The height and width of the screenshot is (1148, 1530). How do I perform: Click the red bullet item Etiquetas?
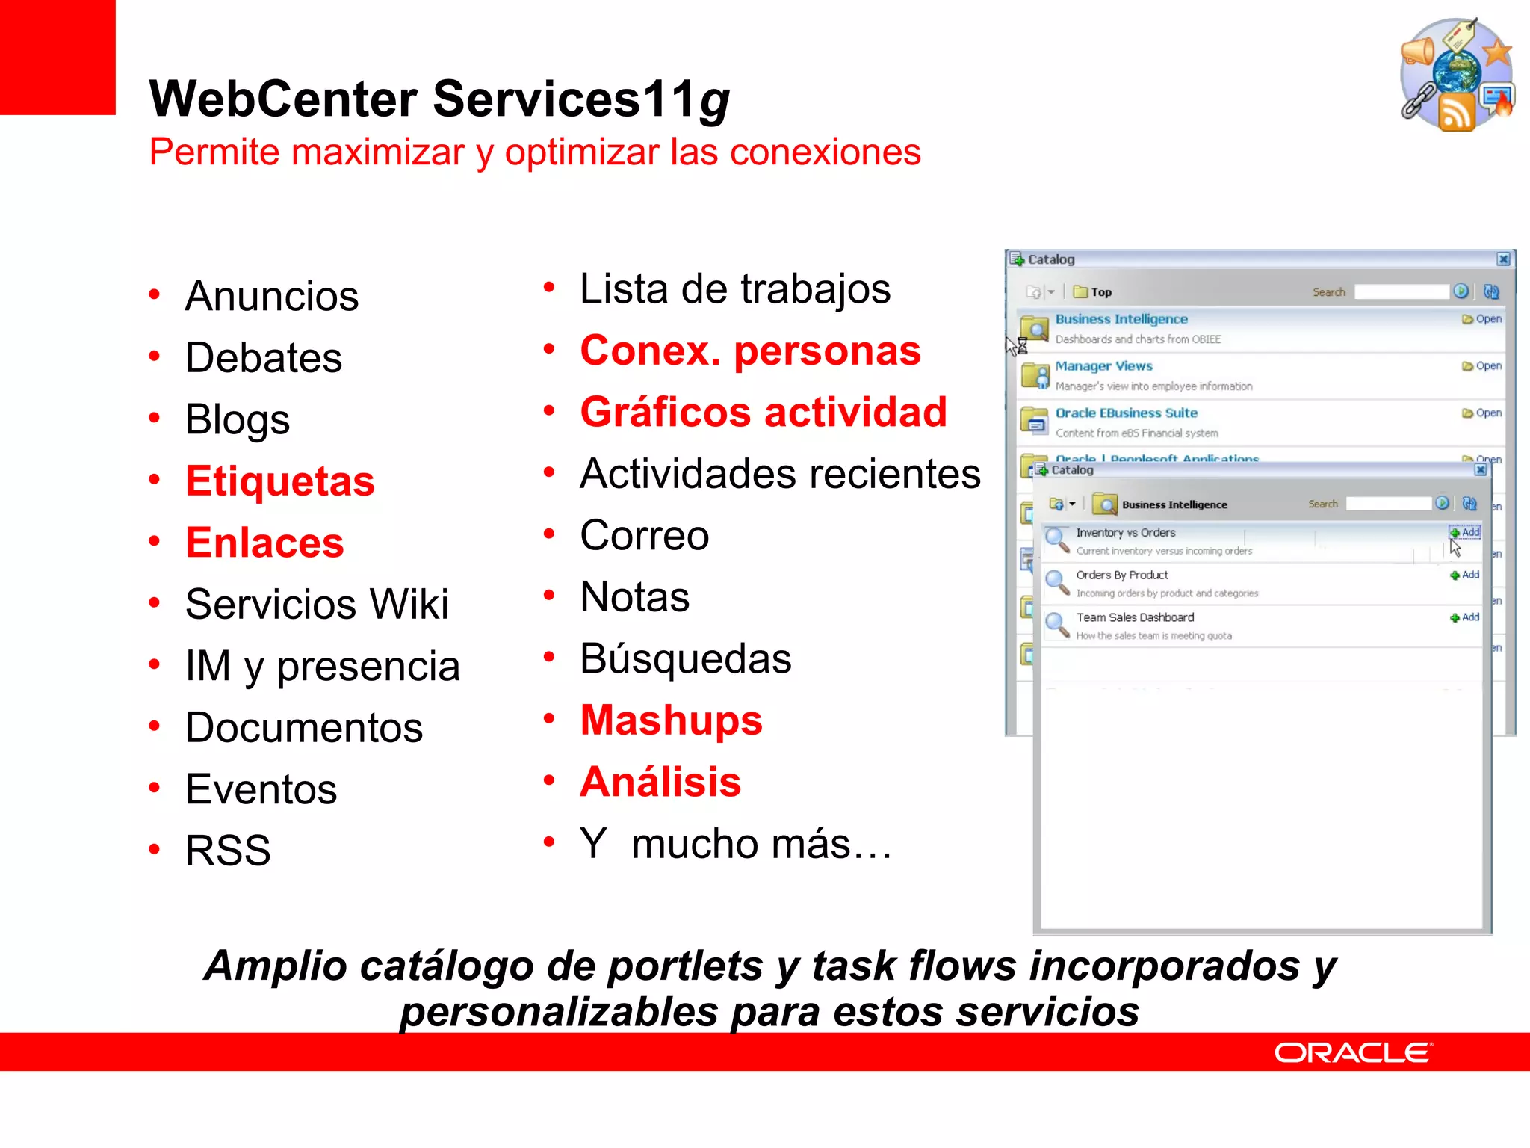pos(280,481)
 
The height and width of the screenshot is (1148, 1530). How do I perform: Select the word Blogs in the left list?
pos(238,419)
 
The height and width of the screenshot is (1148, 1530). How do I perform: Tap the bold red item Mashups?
pos(671,720)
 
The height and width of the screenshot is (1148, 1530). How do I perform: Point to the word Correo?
pos(644,536)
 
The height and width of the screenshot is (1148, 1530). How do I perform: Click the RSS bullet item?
pos(228,851)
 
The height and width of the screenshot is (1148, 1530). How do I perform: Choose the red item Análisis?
pos(660,783)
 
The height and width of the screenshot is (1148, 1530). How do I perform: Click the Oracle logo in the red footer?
pos(1353,1053)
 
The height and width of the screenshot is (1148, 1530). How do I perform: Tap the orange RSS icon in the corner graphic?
pos(1456,112)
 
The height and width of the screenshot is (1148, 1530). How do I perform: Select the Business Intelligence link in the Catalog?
pos(1121,319)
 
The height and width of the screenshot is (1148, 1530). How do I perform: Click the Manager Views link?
pos(1103,366)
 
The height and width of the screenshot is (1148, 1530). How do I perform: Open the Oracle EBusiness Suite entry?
pos(1126,413)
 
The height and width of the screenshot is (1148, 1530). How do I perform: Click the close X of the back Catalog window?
pos(1504,259)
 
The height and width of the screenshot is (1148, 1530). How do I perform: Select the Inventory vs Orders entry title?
pos(1125,533)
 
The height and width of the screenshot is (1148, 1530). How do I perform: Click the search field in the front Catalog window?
pos(1388,504)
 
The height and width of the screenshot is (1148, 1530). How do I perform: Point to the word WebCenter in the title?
pos(283,99)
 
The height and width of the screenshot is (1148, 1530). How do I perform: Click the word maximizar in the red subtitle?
pos(378,152)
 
